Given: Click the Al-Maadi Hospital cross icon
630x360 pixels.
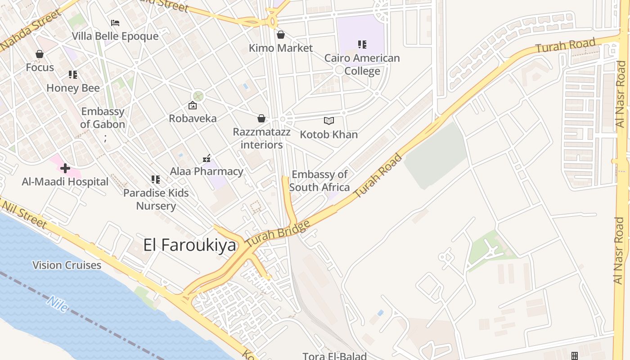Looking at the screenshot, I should pos(65,168).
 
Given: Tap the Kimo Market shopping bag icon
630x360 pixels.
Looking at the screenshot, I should pos(281,35).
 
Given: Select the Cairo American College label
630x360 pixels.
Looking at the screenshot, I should pos(362,64).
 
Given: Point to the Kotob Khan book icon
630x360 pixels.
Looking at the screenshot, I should pos(329,121).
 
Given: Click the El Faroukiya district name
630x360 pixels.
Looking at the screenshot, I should pos(189,245).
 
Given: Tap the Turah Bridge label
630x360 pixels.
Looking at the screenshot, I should pos(278,233).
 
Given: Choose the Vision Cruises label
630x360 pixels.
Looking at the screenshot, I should pos(67,265).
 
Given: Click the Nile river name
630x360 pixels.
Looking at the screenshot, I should pos(57,305).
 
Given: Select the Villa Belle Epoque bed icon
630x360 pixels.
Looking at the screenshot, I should pos(115,22).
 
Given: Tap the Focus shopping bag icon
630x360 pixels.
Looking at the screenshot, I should pos(40,54).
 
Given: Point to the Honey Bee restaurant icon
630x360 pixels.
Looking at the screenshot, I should pos(73,75).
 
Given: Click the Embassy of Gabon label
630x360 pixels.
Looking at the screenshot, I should pos(103,118).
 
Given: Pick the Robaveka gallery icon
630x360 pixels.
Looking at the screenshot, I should pos(193,105).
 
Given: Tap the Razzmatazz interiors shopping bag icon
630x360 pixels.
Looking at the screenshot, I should pos(261,118).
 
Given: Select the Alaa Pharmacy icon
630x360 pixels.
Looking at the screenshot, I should pos(207,158).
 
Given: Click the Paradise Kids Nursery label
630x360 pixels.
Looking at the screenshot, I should pos(156,199).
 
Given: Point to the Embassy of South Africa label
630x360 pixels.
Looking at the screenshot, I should pos(319,181).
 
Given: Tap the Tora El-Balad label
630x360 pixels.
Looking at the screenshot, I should pos(334,356).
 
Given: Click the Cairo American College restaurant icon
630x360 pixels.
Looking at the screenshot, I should pos(362,45).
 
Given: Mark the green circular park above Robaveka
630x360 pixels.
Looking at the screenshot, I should pos(198,96).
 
